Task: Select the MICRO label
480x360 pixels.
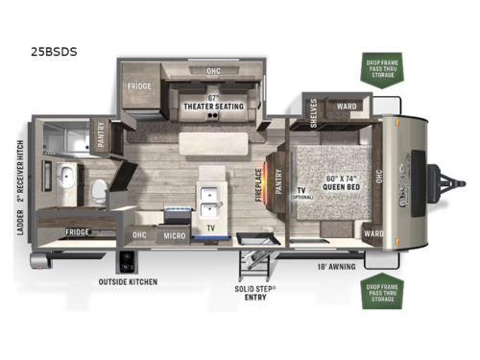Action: point(174,235)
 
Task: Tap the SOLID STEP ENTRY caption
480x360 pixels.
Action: point(254,294)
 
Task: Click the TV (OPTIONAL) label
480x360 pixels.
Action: point(301,195)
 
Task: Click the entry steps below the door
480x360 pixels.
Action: point(251,262)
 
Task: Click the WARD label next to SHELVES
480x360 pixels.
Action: point(347,107)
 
